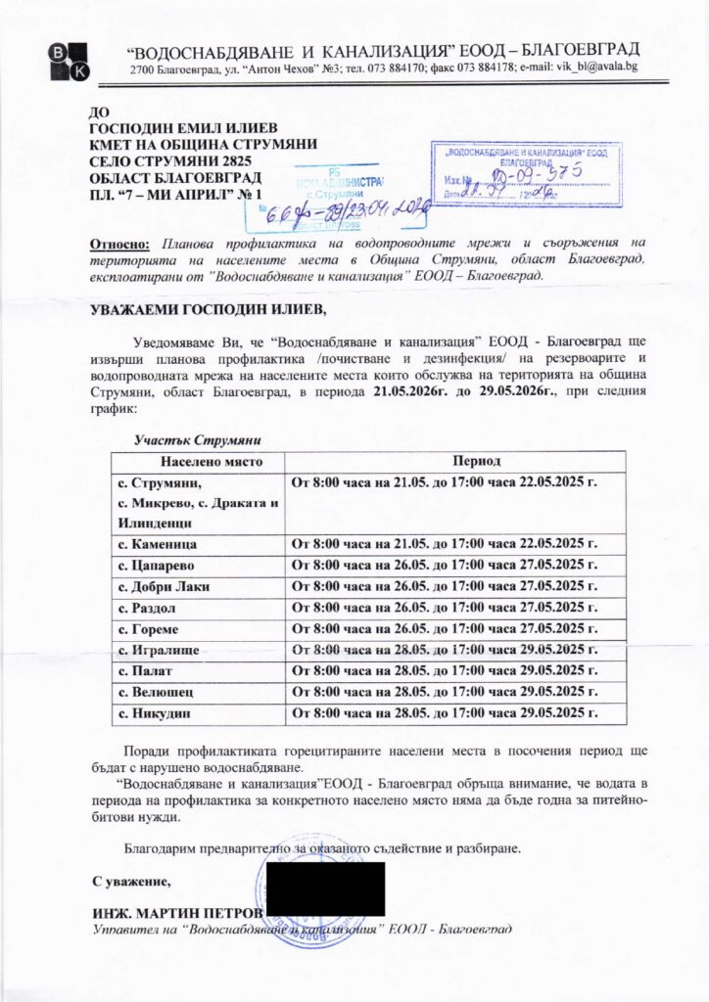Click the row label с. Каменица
point(158,544)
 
